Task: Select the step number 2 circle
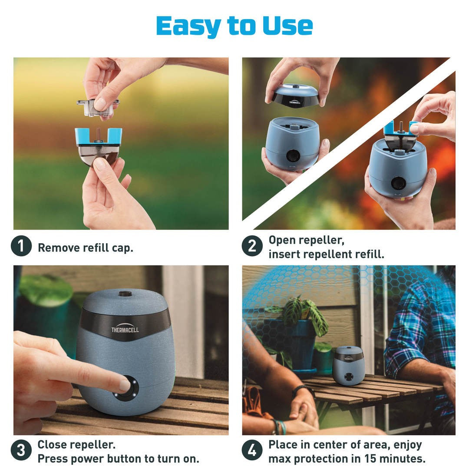point(252,247)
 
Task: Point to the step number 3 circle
point(21,452)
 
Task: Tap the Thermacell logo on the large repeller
point(125,330)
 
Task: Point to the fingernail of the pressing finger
point(125,385)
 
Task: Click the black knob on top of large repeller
point(125,294)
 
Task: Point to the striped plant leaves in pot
point(304,315)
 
